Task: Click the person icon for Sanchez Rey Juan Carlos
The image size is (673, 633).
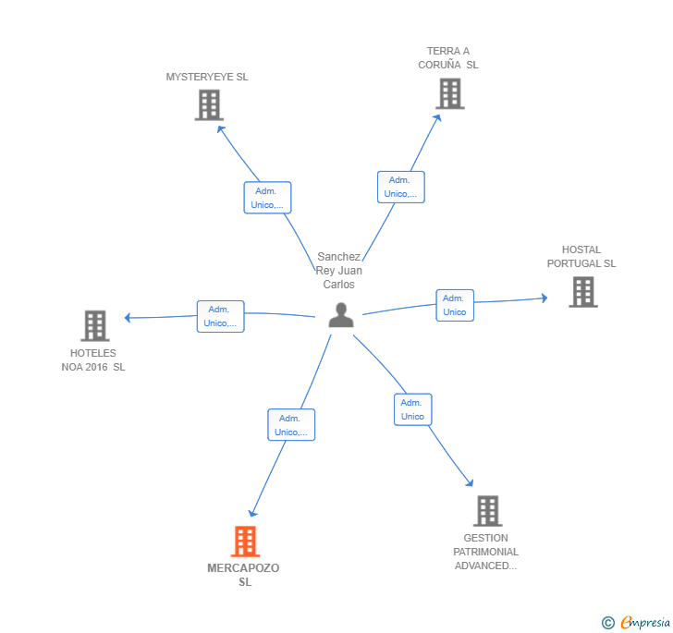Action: (341, 315)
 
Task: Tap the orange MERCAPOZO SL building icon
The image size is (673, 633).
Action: (246, 542)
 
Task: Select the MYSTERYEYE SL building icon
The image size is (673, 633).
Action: (209, 104)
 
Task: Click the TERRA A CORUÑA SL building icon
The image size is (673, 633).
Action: (450, 93)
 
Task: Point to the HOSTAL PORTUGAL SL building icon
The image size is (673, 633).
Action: (583, 292)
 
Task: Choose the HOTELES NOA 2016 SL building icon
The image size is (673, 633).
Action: (95, 325)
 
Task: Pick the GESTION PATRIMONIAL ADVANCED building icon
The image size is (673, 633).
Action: (488, 511)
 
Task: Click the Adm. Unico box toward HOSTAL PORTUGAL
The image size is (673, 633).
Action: (455, 305)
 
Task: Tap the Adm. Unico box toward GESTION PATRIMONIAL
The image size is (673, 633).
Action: (413, 409)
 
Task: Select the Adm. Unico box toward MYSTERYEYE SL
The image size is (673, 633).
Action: (267, 198)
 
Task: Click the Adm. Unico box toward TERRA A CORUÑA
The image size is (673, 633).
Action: (401, 187)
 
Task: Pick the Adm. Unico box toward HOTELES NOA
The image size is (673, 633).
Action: (221, 316)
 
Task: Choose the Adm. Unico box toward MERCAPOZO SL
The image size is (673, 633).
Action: (291, 425)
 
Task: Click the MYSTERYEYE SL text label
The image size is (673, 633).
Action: (207, 77)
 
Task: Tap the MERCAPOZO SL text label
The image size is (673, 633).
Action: (243, 575)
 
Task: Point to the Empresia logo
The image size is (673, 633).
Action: (637, 622)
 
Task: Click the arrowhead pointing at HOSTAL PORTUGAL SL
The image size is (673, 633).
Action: (545, 298)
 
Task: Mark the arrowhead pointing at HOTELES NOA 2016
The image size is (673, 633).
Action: (127, 318)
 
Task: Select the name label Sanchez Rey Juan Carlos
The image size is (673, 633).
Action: (339, 271)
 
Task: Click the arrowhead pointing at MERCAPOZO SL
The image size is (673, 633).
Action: (252, 513)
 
